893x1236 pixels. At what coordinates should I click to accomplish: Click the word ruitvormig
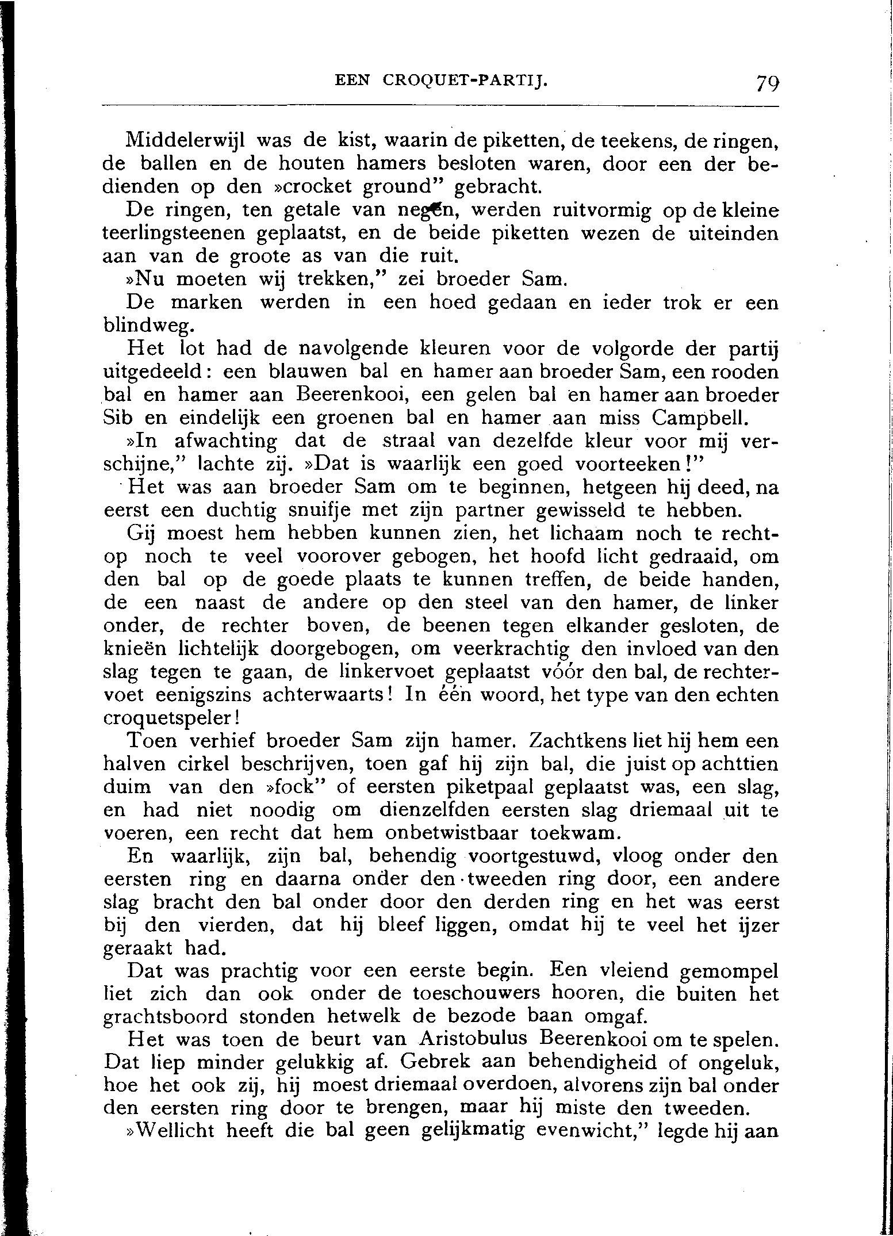point(601,211)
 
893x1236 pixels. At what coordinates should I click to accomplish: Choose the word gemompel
point(729,971)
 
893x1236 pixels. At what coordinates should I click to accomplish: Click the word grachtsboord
point(165,1017)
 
